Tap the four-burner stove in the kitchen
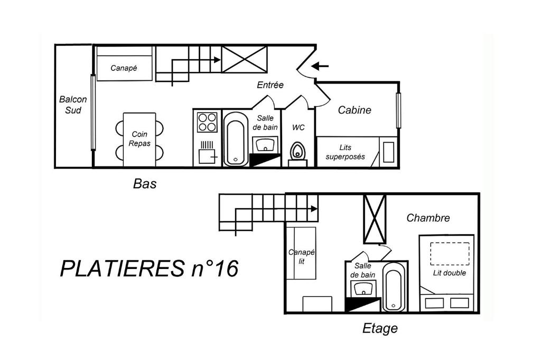[x=207, y=122]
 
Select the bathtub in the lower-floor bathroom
[x=236, y=139]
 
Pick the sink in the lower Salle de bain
[x=265, y=145]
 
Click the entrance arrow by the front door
[x=320, y=66]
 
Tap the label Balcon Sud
[x=73, y=105]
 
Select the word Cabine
[x=355, y=110]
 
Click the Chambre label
[x=428, y=218]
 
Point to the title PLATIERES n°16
[x=149, y=269]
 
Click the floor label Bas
[x=145, y=183]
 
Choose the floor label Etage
[x=380, y=328]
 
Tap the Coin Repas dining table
[x=139, y=140]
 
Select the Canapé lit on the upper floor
[x=301, y=253]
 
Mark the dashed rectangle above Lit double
[x=450, y=254]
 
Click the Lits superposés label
[x=345, y=152]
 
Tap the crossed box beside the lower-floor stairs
[x=244, y=59]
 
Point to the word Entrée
[x=270, y=85]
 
